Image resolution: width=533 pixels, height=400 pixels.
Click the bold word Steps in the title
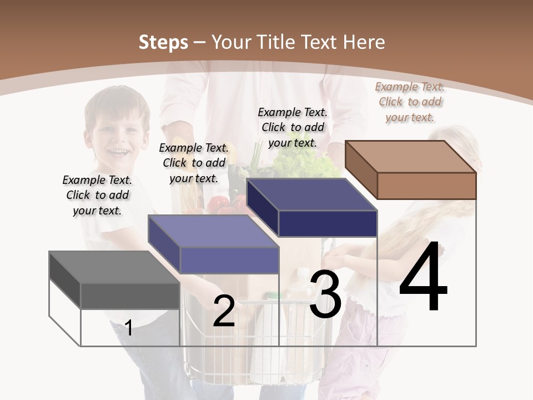(163, 42)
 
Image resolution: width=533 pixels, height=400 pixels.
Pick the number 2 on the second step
(224, 311)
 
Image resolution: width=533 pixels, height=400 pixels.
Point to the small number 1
(128, 328)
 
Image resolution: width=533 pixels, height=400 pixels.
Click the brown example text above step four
(410, 102)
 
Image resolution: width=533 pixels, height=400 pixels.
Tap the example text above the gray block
(97, 195)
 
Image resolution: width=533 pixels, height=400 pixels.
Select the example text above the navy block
(293, 127)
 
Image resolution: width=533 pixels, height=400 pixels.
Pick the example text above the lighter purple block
(194, 163)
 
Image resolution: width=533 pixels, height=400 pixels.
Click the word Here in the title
(364, 42)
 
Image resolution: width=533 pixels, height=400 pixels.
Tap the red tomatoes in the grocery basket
(225, 204)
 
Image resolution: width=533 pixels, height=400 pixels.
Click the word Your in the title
(233, 42)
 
